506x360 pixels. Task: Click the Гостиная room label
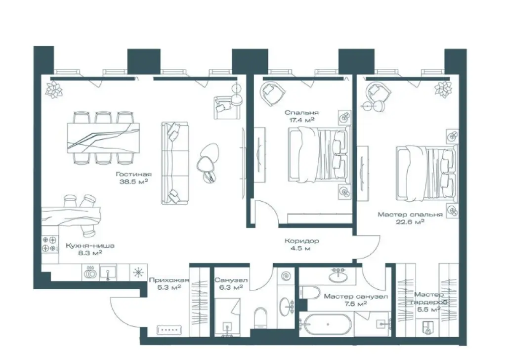[x=133, y=175]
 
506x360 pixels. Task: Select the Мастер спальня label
[x=410, y=215]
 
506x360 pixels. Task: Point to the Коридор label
[x=302, y=241]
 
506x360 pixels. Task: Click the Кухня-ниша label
[x=90, y=246]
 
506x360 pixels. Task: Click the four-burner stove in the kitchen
[x=50, y=244]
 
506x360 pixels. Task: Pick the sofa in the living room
[x=174, y=163]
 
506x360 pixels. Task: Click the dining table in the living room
[x=104, y=137]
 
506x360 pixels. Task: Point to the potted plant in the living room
[x=53, y=89]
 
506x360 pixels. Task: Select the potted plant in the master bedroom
[x=443, y=89]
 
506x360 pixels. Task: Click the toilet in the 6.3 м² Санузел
[x=261, y=317]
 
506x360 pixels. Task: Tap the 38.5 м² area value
[x=133, y=181]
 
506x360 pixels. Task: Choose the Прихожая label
[x=169, y=280]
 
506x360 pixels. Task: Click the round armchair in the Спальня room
[x=272, y=92]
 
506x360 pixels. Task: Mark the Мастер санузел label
[x=356, y=296]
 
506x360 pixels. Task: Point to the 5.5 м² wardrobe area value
[x=429, y=310]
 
